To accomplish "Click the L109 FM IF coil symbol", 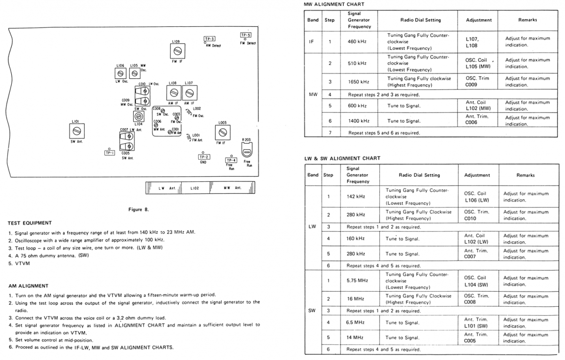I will (178, 50).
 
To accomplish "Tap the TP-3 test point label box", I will (210, 39).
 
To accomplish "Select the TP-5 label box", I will (246, 35).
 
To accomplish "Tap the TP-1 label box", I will (110, 153).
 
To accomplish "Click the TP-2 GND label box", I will (204, 157).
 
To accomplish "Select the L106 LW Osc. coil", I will (120, 74).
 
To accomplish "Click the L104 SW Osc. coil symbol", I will (138, 116).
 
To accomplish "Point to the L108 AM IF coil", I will (174, 92).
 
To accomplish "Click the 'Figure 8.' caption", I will (138, 210).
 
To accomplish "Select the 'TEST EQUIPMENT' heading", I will (30, 223).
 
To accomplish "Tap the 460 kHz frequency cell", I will (357, 41).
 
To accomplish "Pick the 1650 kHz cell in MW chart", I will (358, 82).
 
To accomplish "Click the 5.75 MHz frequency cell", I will (357, 280).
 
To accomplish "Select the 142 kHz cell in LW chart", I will (355, 196).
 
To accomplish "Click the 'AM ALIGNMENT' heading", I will (28, 286).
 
